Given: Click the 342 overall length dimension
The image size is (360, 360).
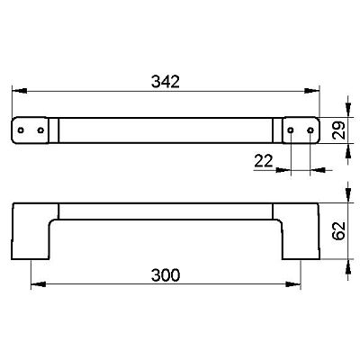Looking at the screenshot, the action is [166, 82].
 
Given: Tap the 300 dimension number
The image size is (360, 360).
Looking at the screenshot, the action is [166, 275].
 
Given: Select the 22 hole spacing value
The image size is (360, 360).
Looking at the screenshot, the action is [264, 161].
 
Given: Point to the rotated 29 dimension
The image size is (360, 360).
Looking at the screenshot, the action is [338, 130].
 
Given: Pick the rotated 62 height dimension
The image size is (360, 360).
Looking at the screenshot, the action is [338, 230].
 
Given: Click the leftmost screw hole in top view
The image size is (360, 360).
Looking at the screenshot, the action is [21, 130].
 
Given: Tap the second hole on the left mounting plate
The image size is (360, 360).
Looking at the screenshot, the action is [41, 130].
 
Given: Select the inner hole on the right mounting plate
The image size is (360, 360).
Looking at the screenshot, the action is [291, 130].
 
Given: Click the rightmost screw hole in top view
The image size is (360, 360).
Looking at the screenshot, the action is [310, 130].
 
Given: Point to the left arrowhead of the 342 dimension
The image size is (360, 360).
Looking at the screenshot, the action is [19, 91].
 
